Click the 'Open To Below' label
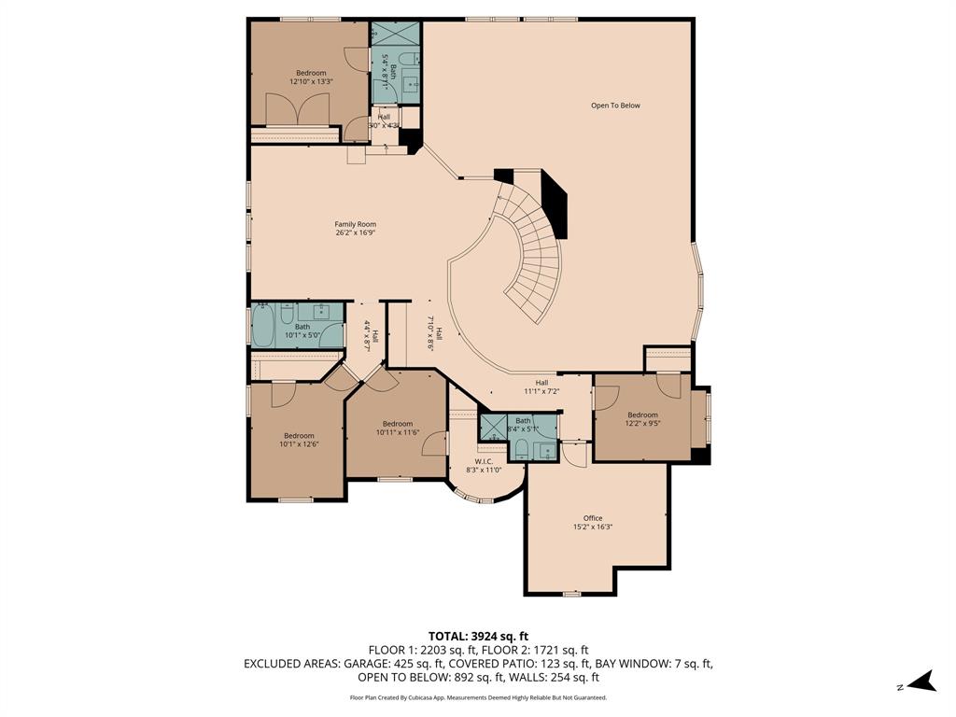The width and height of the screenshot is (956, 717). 615,105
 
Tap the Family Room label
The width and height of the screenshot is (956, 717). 356,224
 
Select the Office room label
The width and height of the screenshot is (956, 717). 593,518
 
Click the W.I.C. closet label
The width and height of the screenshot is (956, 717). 484,461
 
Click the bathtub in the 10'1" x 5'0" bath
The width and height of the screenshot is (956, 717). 262,327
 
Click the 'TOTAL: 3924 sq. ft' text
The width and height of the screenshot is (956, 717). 477,636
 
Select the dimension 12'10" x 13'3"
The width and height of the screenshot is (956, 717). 312,82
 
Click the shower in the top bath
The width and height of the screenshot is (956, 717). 396,35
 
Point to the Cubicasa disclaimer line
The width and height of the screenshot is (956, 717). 477,697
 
